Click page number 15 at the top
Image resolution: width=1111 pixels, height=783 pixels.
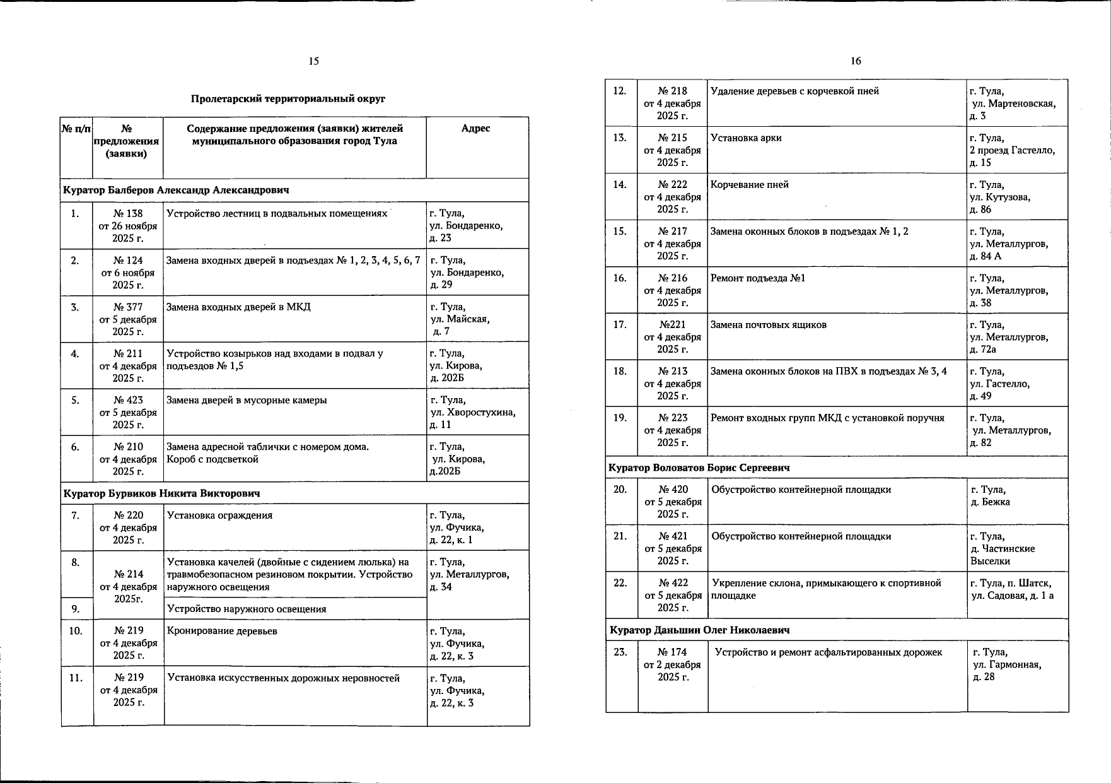coord(314,61)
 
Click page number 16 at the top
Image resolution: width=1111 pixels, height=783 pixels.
coord(856,61)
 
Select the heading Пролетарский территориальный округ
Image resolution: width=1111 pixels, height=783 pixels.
coord(288,99)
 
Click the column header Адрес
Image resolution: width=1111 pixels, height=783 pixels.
coord(475,129)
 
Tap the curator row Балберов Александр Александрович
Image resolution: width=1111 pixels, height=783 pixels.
coord(177,190)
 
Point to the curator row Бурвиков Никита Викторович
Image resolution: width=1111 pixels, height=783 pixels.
coord(161,493)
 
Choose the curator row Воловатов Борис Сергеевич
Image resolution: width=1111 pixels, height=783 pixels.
coord(699,468)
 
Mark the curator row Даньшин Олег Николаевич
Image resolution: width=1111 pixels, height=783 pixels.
coord(700,630)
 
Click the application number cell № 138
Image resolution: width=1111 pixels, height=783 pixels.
coord(128,225)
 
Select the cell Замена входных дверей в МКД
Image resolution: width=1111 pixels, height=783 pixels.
coord(238,307)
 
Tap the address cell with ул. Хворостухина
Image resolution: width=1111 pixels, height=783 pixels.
coord(472,412)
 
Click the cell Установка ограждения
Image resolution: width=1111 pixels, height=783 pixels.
coord(219,515)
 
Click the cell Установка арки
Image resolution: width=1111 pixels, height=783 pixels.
coord(746,138)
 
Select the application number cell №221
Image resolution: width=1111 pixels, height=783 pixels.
coord(672,337)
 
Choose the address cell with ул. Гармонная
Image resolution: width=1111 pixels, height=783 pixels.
coord(1007,664)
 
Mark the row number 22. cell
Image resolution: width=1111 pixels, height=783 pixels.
coord(620,583)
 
